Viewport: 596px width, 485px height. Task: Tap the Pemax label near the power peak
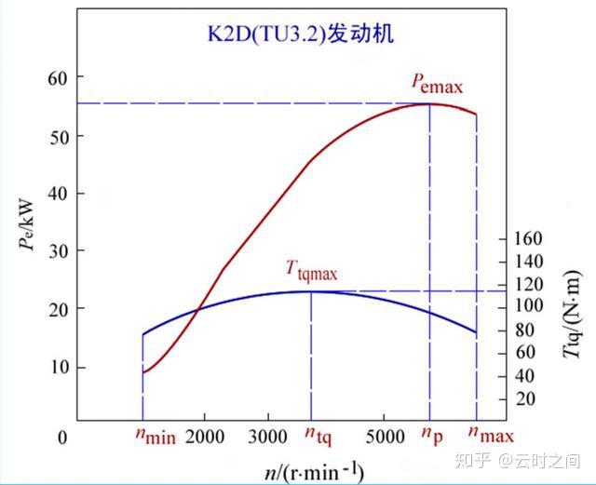(x=438, y=82)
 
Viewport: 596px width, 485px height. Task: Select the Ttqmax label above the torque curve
(x=311, y=271)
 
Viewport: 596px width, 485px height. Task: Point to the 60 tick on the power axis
(x=58, y=78)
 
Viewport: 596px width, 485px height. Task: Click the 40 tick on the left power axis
(x=58, y=194)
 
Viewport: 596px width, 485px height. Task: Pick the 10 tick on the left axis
(x=58, y=367)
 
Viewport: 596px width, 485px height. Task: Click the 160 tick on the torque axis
(x=527, y=239)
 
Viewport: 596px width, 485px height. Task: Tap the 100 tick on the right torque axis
(x=527, y=307)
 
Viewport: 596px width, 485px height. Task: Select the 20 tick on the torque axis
(x=527, y=398)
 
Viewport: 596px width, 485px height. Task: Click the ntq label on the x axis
(x=317, y=436)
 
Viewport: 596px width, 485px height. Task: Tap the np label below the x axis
(x=430, y=436)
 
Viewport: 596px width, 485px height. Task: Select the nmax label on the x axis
(x=490, y=436)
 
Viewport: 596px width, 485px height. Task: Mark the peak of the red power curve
(x=429, y=103)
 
